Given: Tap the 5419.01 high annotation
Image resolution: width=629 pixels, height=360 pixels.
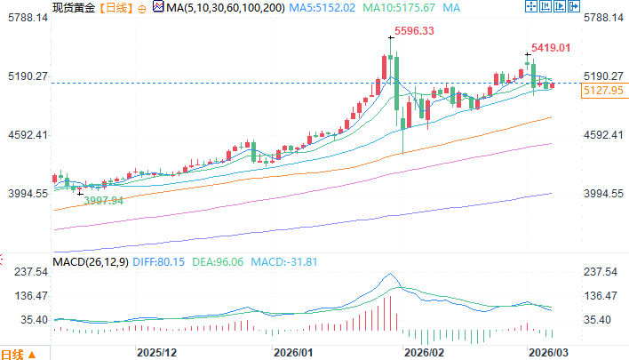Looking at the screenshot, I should click(x=550, y=47).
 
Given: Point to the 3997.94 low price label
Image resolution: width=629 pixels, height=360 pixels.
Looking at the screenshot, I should click(x=103, y=201).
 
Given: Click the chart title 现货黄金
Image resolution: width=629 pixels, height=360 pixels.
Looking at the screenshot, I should click(x=75, y=8).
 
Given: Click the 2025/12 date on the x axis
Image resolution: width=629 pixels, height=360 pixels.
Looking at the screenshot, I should click(x=156, y=352).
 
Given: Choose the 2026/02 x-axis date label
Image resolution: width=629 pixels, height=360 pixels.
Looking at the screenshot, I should click(x=423, y=352).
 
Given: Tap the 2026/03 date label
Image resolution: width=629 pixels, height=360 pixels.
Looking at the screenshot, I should click(x=549, y=352).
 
